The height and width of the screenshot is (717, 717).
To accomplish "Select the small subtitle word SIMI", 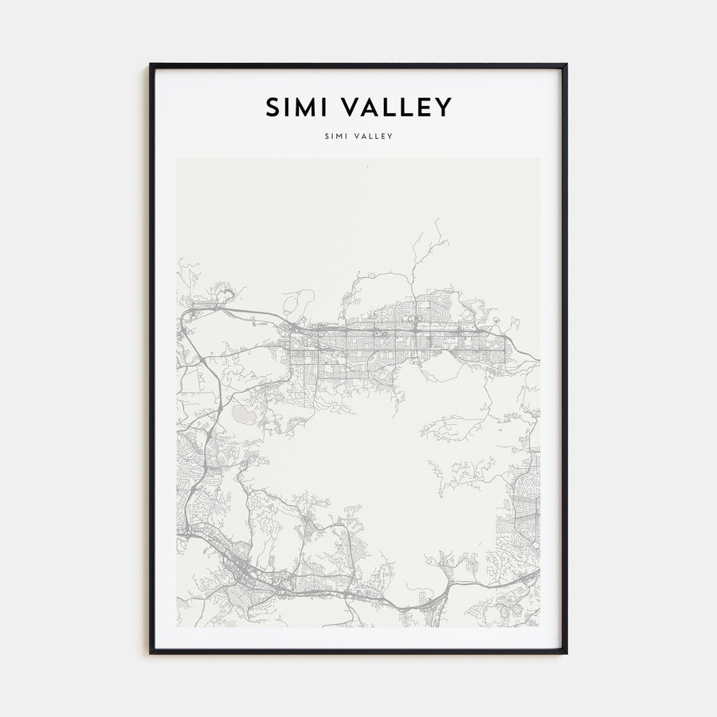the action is pyautogui.click(x=336, y=136).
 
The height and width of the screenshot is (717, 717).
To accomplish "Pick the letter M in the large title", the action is pyautogui.click(x=304, y=108).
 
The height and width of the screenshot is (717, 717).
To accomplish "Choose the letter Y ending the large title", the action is pyautogui.click(x=445, y=108).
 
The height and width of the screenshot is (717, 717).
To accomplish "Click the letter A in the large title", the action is pyautogui.click(x=371, y=108).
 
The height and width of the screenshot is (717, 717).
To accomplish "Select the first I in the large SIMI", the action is pyautogui.click(x=288, y=108).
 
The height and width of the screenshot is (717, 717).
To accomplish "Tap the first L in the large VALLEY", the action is pyautogui.click(x=389, y=108).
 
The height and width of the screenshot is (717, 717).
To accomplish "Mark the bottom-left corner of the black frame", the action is pyautogui.click(x=151, y=652).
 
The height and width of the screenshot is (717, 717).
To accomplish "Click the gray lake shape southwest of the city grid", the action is pyautogui.click(x=243, y=414).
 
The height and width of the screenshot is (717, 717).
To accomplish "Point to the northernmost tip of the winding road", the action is pyautogui.click(x=437, y=221).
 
